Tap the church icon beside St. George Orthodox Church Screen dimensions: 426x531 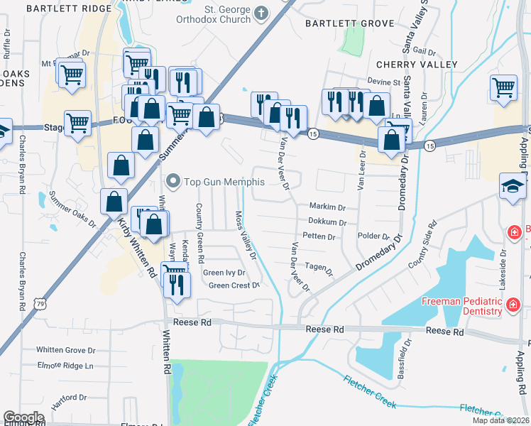tap(261, 12)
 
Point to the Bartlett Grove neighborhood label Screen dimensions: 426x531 tap(349, 23)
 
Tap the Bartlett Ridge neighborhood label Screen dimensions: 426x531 tap(69, 9)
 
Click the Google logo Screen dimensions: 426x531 tap(24, 417)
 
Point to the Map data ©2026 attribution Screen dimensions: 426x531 tap(500, 420)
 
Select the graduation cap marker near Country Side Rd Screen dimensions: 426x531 tap(513, 187)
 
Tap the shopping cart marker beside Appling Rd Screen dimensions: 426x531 tap(503, 88)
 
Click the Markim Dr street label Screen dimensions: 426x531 tap(327, 207)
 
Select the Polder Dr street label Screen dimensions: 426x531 tap(375, 236)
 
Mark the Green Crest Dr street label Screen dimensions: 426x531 tap(235, 285)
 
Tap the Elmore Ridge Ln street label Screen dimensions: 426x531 tap(65, 366)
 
